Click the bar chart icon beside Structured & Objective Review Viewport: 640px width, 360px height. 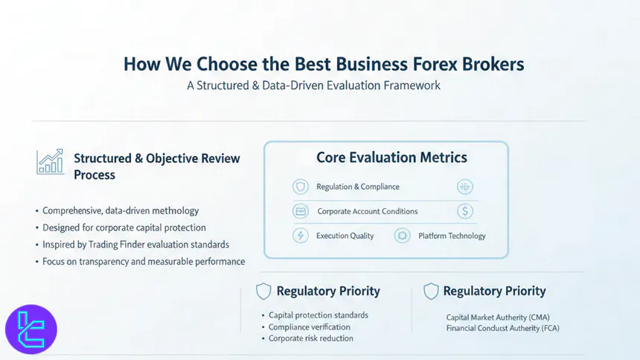click(x=50, y=162)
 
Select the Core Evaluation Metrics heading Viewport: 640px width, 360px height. click(x=391, y=158)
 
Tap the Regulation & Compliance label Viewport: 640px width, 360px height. click(x=357, y=187)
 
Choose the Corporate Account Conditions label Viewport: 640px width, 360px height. click(x=368, y=211)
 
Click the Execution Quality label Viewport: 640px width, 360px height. click(x=345, y=236)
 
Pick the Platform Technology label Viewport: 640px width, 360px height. click(x=452, y=236)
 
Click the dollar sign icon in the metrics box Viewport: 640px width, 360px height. click(x=465, y=211)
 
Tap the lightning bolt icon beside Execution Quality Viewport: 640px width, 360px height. click(x=301, y=236)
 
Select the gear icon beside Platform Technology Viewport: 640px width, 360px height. click(x=403, y=236)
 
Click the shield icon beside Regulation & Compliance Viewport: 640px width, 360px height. click(x=301, y=187)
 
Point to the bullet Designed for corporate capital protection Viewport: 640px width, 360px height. click(x=124, y=228)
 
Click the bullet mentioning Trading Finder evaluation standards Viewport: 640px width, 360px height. click(x=135, y=245)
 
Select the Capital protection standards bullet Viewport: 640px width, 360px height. click(x=318, y=315)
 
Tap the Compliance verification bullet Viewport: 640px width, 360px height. click(x=309, y=327)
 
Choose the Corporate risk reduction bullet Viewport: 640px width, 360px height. click(x=310, y=338)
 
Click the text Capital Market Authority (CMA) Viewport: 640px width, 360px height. click(x=498, y=317)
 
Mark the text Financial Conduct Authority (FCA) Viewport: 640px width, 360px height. click(x=502, y=328)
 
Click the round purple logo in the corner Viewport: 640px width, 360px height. click(x=31, y=330)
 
